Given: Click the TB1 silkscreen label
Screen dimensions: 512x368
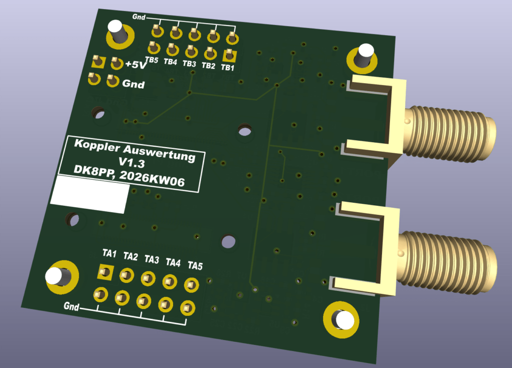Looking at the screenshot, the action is (x=227, y=68).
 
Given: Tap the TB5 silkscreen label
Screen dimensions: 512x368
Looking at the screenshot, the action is (x=151, y=60).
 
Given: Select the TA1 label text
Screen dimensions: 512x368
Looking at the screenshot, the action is (x=109, y=253).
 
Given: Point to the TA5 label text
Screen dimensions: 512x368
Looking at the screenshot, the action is (x=195, y=265).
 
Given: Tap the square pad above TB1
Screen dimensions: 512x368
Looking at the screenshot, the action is (x=229, y=55).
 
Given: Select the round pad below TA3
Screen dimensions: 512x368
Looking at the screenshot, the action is (x=143, y=301).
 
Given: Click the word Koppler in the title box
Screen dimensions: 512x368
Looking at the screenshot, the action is (x=97, y=146).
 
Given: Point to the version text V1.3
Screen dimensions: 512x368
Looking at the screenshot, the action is (x=131, y=162).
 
